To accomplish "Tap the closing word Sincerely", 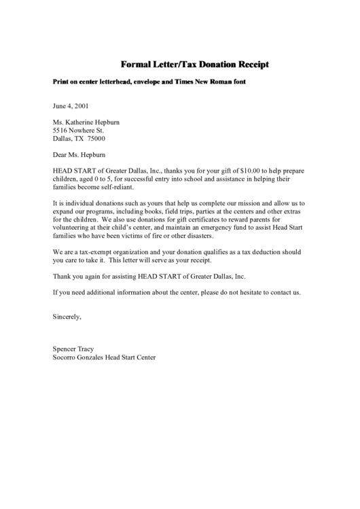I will (67, 316).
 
